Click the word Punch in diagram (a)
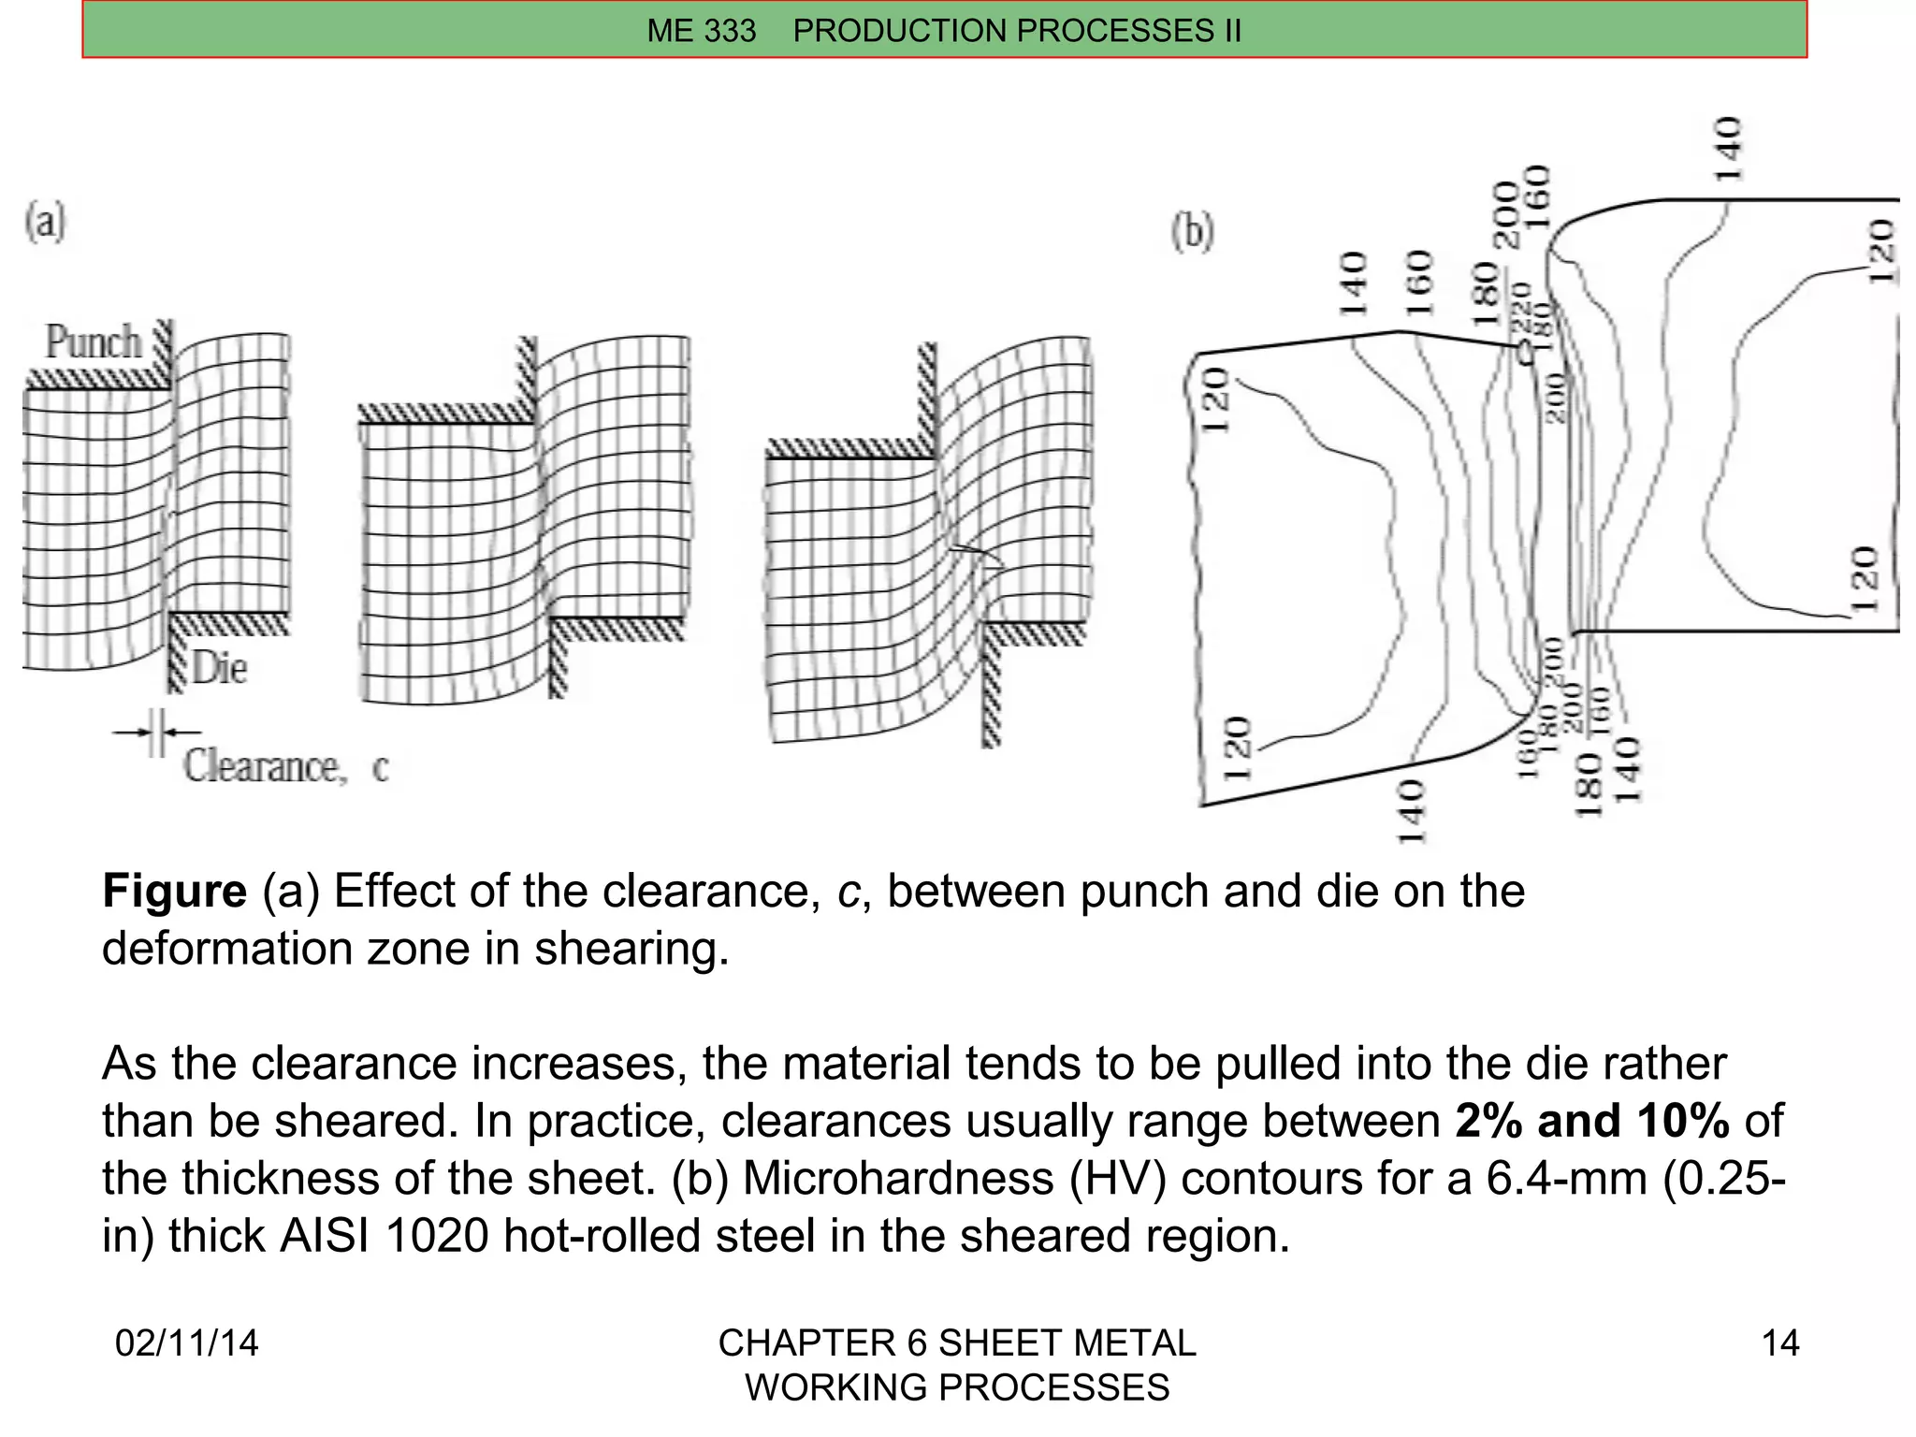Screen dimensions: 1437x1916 coord(94,341)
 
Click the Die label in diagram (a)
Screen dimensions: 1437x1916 coord(220,669)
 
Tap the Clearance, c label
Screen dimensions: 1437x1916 coord(285,767)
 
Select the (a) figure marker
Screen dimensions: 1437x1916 coord(45,223)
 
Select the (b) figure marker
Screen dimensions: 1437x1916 coord(1193,231)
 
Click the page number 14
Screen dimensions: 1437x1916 coord(1779,1343)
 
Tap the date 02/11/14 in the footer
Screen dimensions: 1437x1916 coord(186,1343)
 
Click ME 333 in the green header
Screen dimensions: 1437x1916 coord(701,31)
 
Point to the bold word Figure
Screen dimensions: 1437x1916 coord(174,891)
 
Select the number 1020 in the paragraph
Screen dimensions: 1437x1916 coord(436,1236)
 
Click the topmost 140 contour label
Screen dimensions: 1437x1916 coord(1727,150)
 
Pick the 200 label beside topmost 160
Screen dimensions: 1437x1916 coord(1506,215)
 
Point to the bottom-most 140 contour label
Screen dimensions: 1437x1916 coord(1411,812)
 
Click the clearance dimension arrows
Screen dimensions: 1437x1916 coord(156,733)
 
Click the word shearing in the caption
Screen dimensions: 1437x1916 coord(631,949)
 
